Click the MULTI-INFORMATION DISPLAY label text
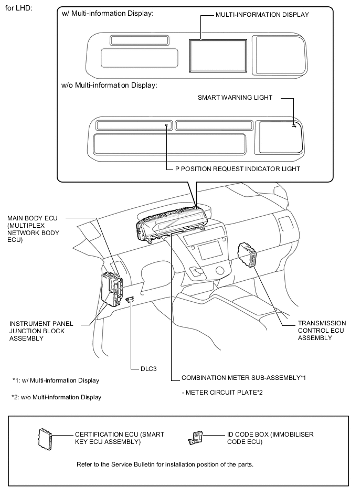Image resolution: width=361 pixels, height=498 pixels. pyautogui.click(x=262, y=15)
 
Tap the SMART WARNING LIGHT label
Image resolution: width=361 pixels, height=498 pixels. pyautogui.click(x=235, y=97)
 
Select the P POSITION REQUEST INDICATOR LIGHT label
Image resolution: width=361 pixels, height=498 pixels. pyautogui.click(x=238, y=169)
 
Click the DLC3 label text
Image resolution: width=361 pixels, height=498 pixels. pyautogui.click(x=148, y=369)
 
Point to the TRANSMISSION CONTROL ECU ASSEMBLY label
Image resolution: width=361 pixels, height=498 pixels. pyautogui.click(x=322, y=331)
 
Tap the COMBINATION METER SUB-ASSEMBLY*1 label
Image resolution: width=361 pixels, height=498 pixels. pyautogui.click(x=243, y=378)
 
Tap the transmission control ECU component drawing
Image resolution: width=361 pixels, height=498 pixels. pyautogui.click(x=248, y=255)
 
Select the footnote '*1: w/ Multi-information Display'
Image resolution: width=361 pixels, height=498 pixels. pyautogui.click(x=56, y=380)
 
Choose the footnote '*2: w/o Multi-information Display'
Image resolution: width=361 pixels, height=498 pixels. pyautogui.click(x=56, y=397)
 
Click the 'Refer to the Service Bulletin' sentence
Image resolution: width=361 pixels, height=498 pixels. pyautogui.click(x=165, y=464)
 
